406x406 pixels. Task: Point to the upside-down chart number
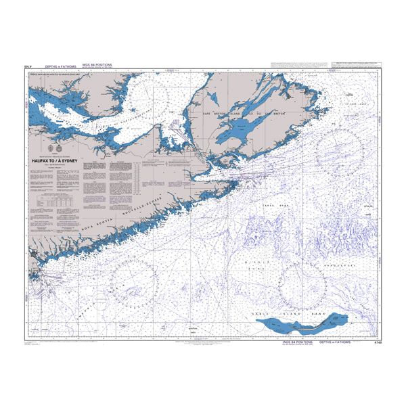28,66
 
